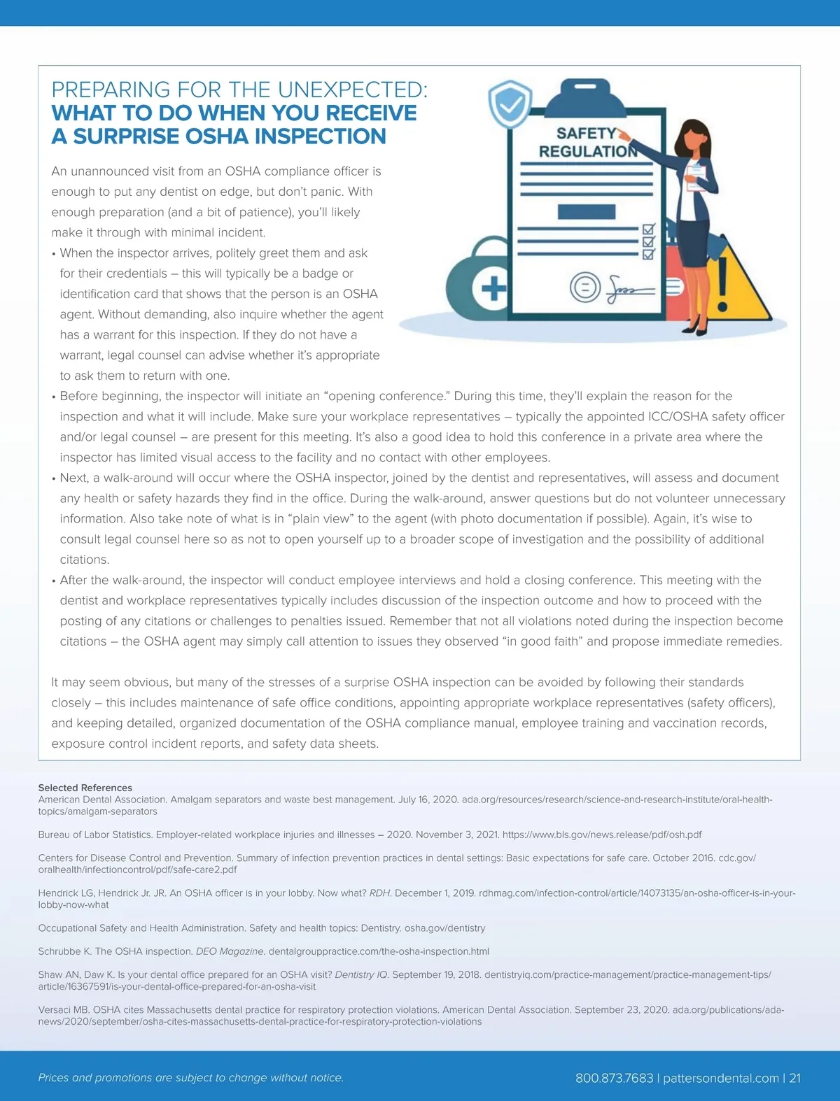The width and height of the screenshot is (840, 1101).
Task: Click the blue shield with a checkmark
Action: [x=510, y=105]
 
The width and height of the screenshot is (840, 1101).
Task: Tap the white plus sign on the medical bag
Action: [x=493, y=287]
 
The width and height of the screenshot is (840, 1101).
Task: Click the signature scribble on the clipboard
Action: [x=626, y=287]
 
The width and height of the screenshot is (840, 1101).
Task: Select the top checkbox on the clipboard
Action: [x=648, y=229]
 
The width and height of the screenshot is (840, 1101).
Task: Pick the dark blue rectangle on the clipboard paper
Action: [x=587, y=211]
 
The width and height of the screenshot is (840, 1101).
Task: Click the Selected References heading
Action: [x=85, y=788]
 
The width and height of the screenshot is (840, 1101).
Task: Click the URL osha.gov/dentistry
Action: [x=444, y=928]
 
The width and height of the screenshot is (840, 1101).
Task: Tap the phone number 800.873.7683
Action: [x=614, y=1078]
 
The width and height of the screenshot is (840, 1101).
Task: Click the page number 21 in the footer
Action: [x=794, y=1078]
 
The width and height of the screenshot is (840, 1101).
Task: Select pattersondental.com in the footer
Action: [x=720, y=1078]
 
